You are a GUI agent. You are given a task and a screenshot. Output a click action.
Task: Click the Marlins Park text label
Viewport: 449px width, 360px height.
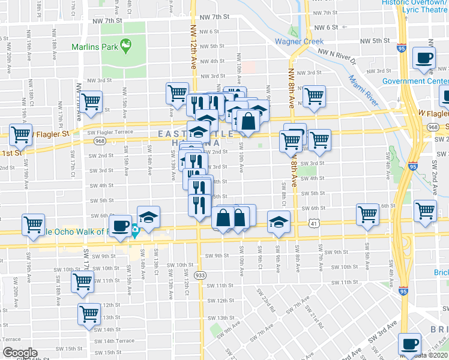[94, 46]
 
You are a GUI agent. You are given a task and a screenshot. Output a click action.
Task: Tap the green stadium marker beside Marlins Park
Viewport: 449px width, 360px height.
[126, 44]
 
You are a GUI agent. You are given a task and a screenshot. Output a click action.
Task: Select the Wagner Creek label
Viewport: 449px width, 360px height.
[299, 41]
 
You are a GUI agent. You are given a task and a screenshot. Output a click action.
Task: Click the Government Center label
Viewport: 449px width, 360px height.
[415, 81]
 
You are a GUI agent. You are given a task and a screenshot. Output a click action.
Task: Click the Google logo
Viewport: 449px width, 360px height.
[20, 353]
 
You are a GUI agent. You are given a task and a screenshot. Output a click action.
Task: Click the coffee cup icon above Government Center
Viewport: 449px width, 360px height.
[424, 58]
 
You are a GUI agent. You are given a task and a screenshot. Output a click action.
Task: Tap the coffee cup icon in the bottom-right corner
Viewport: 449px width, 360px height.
[410, 344]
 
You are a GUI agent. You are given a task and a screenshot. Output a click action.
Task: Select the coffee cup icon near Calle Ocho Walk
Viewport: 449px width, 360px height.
[121, 226]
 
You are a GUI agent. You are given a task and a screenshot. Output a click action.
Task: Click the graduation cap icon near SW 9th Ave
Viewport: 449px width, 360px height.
[279, 221]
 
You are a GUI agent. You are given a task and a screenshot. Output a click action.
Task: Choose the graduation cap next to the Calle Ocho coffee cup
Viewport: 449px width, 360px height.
[149, 217]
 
